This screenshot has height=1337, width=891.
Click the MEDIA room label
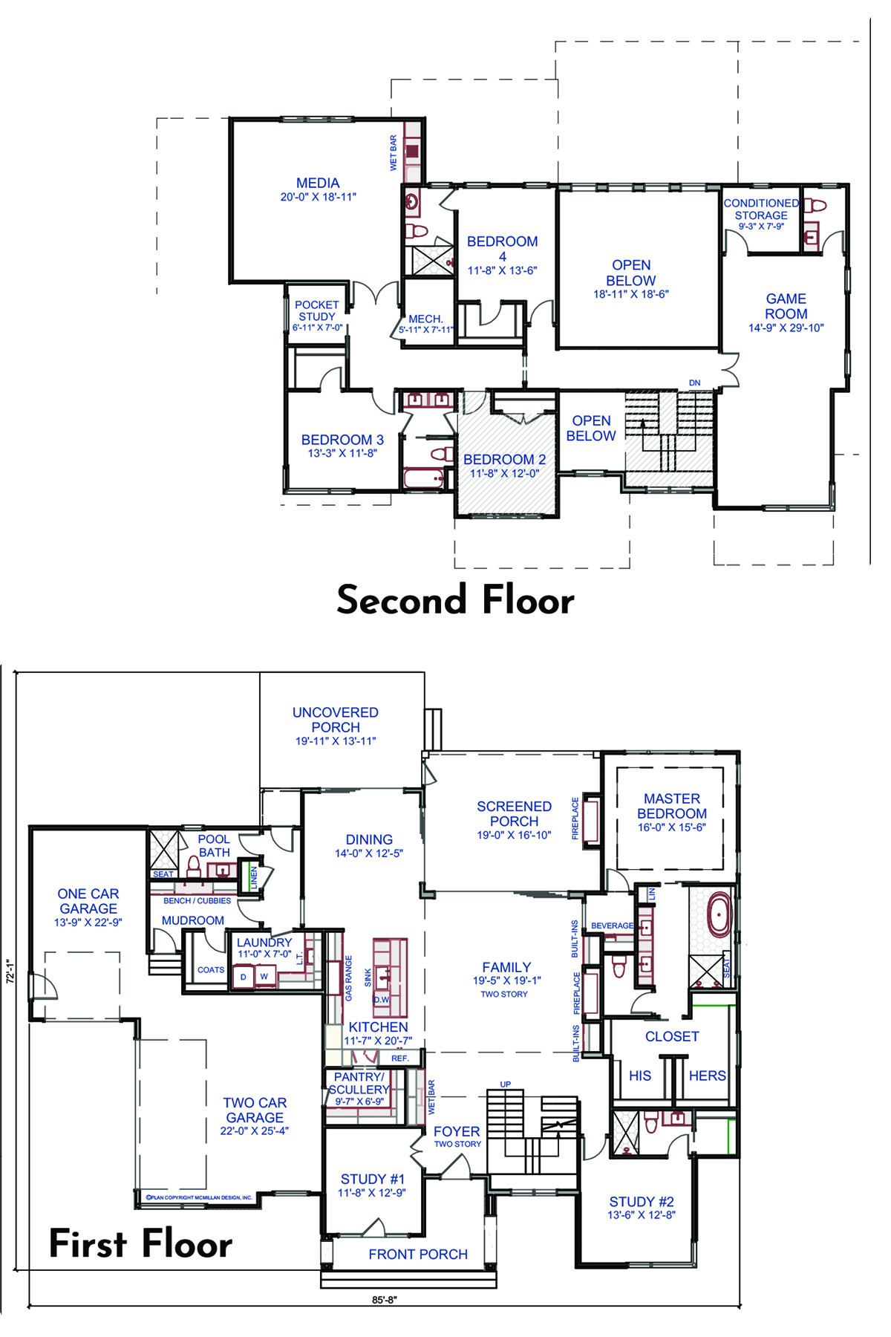pos(318,183)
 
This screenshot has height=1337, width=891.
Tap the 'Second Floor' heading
pos(455,599)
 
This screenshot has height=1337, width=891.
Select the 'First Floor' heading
pos(140,1243)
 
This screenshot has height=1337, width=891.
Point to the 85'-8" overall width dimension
pos(385,1300)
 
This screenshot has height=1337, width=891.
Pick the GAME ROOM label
pos(786,306)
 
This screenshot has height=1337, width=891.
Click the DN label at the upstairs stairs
pos(694,383)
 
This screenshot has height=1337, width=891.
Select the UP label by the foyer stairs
pos(506,1084)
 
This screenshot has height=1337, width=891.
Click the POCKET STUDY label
pos(317,310)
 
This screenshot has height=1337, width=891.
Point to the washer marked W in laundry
pos(264,976)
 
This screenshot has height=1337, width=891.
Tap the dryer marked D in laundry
pos(244,977)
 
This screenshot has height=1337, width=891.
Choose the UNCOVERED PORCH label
pos(336,720)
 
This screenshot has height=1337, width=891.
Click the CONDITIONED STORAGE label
pos(761,209)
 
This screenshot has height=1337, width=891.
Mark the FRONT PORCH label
pos(418,1254)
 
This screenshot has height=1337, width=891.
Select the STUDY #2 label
pos(642,1202)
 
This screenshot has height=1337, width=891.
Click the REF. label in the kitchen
pos(399,1058)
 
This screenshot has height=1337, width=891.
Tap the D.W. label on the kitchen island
pos(381,1000)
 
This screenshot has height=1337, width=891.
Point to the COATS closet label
pos(211,970)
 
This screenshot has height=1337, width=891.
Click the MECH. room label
pos(425,319)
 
